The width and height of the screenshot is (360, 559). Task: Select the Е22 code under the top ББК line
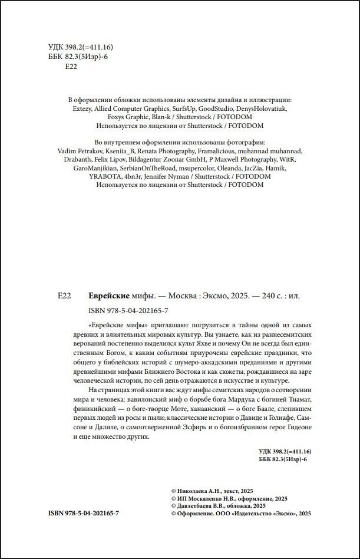click(x=70, y=67)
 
